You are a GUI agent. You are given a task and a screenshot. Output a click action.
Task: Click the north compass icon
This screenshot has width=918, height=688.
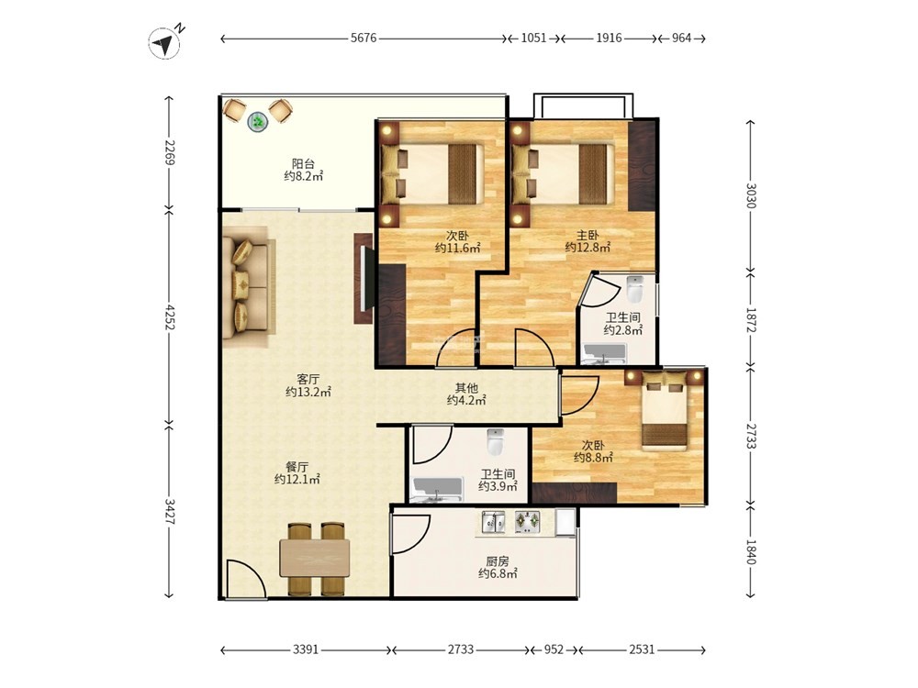(x=165, y=42)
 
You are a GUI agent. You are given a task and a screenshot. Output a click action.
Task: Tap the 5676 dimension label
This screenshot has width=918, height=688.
(x=364, y=38)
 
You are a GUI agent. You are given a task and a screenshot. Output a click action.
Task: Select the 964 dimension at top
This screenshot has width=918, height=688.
(x=681, y=38)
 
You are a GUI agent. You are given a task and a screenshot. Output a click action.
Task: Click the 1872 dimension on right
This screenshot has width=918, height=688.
(x=751, y=319)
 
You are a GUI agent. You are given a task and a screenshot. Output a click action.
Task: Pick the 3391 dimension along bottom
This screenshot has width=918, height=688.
(x=306, y=649)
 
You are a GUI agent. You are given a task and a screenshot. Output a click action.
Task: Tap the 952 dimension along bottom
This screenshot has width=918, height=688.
(x=554, y=649)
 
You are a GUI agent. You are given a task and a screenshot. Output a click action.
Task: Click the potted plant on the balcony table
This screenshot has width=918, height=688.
(x=258, y=122)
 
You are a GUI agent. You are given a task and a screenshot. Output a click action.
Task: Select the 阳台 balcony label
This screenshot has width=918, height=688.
(x=303, y=164)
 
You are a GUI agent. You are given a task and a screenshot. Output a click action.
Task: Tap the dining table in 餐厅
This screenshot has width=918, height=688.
(x=315, y=558)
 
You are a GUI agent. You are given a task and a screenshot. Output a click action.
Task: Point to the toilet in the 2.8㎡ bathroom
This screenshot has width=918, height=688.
(x=634, y=287)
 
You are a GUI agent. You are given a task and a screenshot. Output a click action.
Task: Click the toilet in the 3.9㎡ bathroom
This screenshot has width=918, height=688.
(x=496, y=442)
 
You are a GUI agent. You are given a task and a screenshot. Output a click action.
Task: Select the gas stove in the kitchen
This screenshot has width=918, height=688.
(x=528, y=522)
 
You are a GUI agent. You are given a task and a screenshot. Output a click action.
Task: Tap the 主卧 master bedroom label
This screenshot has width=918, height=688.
(x=588, y=235)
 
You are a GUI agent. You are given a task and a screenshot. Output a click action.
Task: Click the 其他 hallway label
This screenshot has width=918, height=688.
(x=466, y=388)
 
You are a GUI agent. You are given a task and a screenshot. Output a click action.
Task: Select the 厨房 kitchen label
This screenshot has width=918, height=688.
(x=498, y=561)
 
